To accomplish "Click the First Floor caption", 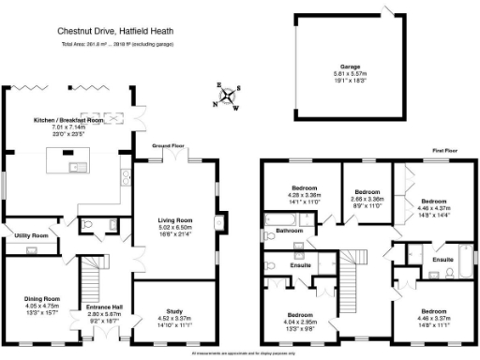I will point(444,149).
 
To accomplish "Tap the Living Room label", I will point(175,219).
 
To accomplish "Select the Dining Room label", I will point(41,299).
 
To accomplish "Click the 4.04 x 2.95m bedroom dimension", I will point(300,322).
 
